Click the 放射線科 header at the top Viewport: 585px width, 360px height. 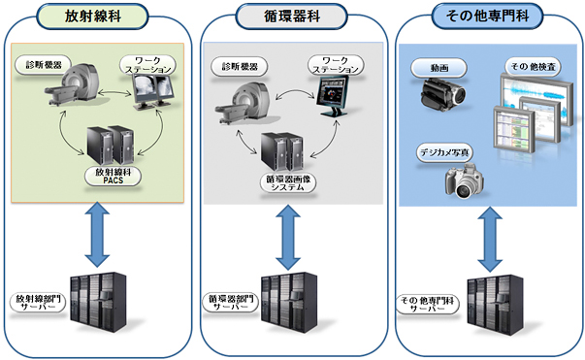(x=92, y=16)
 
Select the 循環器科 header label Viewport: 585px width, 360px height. (x=292, y=16)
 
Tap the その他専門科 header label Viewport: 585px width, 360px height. (x=487, y=16)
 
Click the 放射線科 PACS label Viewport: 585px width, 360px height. (x=114, y=176)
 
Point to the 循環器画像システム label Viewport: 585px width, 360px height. (x=288, y=182)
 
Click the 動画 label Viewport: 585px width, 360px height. (x=439, y=68)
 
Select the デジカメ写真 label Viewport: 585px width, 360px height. (x=444, y=152)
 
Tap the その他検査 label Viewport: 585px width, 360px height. (x=534, y=67)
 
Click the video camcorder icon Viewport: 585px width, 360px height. (x=442, y=93)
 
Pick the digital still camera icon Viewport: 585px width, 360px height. (x=465, y=180)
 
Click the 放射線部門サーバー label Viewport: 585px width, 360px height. (x=38, y=303)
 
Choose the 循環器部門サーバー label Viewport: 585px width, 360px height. (x=230, y=303)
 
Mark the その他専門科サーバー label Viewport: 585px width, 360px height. (x=428, y=305)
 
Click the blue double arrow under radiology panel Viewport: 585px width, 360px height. (x=97, y=234)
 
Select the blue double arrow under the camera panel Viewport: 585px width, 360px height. (x=490, y=239)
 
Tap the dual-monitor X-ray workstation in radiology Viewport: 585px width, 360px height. (x=153, y=91)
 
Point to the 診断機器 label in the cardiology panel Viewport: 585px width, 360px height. (x=240, y=67)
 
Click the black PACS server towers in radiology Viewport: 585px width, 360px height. (x=111, y=146)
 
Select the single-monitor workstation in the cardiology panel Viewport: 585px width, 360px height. (x=333, y=95)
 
